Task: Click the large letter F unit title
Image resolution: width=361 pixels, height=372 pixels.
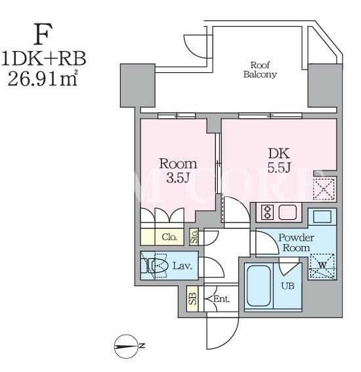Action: click(43, 34)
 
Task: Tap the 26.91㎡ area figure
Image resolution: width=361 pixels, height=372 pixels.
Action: click(43, 77)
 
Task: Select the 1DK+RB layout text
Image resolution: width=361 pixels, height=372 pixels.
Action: click(44, 58)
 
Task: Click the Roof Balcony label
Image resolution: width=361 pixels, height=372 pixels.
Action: click(260, 70)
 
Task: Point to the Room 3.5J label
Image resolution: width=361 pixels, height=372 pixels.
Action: click(178, 171)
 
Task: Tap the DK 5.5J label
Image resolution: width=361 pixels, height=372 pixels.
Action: click(279, 160)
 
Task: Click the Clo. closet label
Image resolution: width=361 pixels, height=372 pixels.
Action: click(169, 237)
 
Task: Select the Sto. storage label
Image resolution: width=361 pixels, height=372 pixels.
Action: click(194, 237)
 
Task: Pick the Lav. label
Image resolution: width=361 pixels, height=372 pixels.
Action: click(182, 266)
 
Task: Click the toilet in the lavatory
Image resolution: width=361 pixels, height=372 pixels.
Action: click(155, 266)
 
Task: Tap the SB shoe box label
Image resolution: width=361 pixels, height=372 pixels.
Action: click(192, 299)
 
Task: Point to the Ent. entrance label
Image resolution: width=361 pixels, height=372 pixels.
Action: click(221, 299)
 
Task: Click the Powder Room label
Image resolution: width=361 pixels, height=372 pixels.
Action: click(296, 243)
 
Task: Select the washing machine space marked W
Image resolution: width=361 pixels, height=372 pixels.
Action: click(322, 266)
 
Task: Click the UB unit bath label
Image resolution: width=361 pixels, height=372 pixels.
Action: click(287, 286)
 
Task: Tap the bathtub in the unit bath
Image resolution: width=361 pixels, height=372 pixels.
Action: click(259, 286)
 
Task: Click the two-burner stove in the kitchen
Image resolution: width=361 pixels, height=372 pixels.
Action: click(267, 213)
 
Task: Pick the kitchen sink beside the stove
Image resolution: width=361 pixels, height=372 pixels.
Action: click(287, 213)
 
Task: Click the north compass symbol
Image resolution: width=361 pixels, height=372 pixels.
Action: click(126, 346)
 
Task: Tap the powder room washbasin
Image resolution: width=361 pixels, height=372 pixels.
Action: click(322, 217)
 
